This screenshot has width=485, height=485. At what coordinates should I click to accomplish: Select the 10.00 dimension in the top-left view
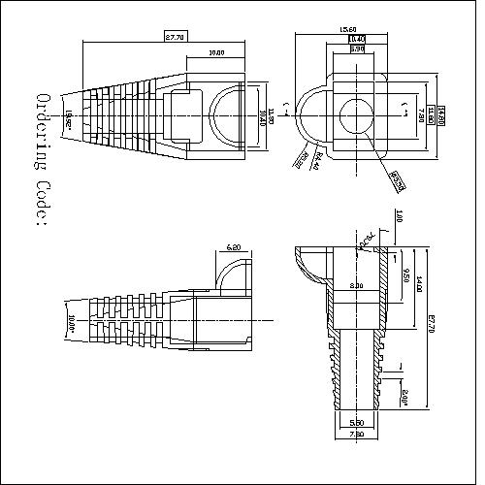coord(215,52)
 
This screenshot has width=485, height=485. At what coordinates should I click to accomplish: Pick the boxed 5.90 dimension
coord(357,48)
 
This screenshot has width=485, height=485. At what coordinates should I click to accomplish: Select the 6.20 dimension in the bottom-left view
coord(234,249)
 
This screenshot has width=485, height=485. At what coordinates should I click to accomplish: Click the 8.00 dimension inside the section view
coord(356,286)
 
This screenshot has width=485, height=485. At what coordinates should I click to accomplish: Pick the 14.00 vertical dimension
coord(419,284)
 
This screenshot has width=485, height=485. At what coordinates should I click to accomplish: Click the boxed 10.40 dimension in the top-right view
coord(357,39)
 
